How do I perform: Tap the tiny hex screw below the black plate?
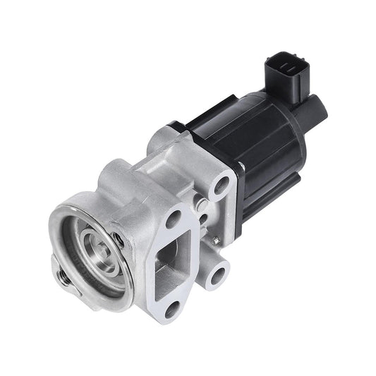pyautogui.click(x=202, y=205)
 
